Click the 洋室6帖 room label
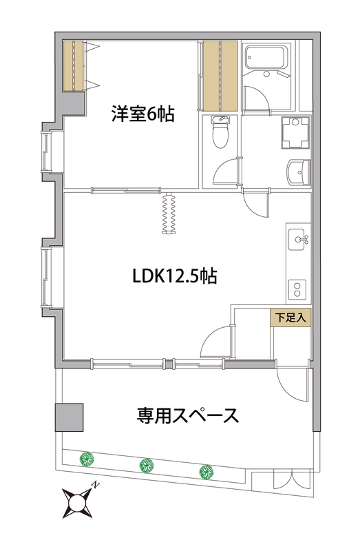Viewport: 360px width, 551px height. point(142,113)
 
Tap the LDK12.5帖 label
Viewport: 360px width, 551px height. point(175,277)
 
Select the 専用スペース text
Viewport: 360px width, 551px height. point(187,415)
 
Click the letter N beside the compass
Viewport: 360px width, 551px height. point(96,485)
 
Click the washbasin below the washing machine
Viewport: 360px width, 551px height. point(297,170)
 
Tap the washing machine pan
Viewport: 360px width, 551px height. point(297,132)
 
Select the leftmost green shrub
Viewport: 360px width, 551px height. point(86,459)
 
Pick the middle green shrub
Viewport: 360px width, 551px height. point(146,466)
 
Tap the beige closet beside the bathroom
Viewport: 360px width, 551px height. point(220,76)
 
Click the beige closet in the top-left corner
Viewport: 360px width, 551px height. point(72,65)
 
